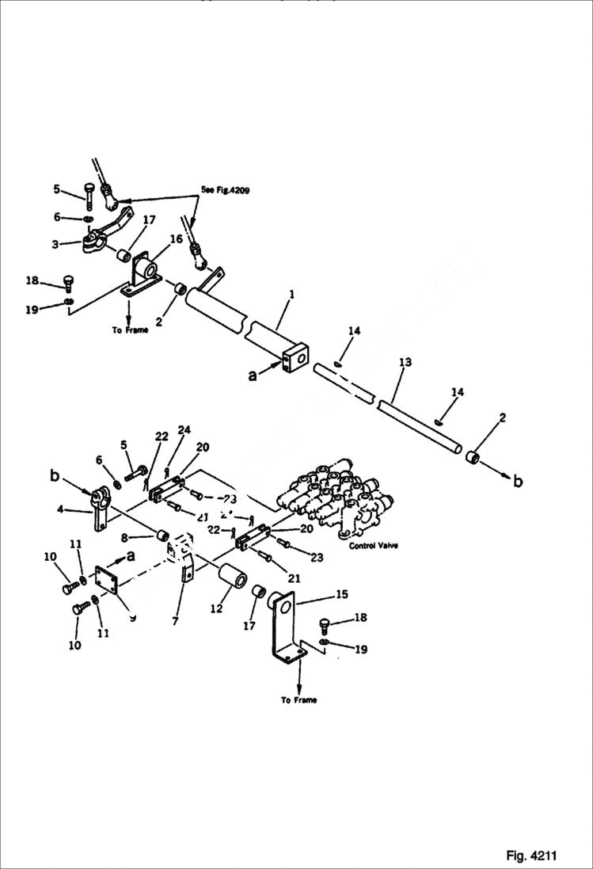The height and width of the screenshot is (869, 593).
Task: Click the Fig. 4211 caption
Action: pos(531,856)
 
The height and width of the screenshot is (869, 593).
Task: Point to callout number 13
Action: pos(405,362)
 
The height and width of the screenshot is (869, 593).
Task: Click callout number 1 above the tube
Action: pos(291,294)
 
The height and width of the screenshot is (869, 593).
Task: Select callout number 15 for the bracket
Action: pos(341,594)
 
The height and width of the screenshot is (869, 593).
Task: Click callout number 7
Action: pos(174,622)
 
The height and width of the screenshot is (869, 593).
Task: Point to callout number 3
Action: pos(55,245)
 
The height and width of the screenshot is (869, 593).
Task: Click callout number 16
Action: pos(176,238)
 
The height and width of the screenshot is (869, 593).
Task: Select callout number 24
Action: pos(184,431)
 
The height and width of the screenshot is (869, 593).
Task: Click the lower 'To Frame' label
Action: pos(298,700)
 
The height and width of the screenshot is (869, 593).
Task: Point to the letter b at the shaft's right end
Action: pos(517,482)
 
